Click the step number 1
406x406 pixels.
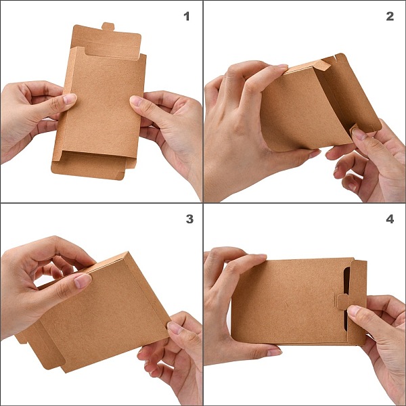click(x=187, y=16)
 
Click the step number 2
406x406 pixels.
click(x=390, y=16)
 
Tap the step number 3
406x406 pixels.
click(x=189, y=219)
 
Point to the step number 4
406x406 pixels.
click(x=390, y=219)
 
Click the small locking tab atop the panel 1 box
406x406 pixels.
click(x=108, y=26)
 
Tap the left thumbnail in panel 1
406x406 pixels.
click(x=70, y=99)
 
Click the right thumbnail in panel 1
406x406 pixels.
click(x=136, y=100)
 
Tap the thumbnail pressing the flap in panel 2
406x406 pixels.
click(x=359, y=134)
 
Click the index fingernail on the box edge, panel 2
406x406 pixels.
click(x=283, y=66)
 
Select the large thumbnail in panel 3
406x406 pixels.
click(x=83, y=281)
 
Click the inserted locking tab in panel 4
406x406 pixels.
click(x=342, y=301)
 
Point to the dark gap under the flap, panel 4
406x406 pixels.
click(x=346, y=298)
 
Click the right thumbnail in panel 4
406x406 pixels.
click(x=354, y=311)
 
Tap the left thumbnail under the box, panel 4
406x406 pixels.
click(x=274, y=352)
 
